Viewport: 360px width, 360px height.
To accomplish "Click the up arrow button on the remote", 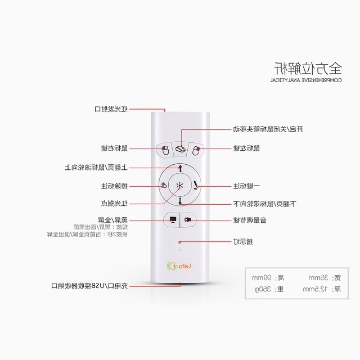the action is pyautogui.click(x=179, y=168).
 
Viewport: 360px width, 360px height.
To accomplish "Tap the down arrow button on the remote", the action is pyautogui.click(x=179, y=201).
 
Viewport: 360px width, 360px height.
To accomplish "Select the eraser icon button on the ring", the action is pyautogui.click(x=163, y=185).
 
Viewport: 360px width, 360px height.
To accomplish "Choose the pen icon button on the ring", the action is pyautogui.click(x=196, y=184).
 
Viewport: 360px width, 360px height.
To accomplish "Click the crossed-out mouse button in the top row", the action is pyautogui.click(x=180, y=149).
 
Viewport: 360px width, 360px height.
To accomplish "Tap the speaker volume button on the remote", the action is pyautogui.click(x=189, y=220).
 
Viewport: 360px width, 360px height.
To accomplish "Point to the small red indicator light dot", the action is pyautogui.click(x=179, y=243).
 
